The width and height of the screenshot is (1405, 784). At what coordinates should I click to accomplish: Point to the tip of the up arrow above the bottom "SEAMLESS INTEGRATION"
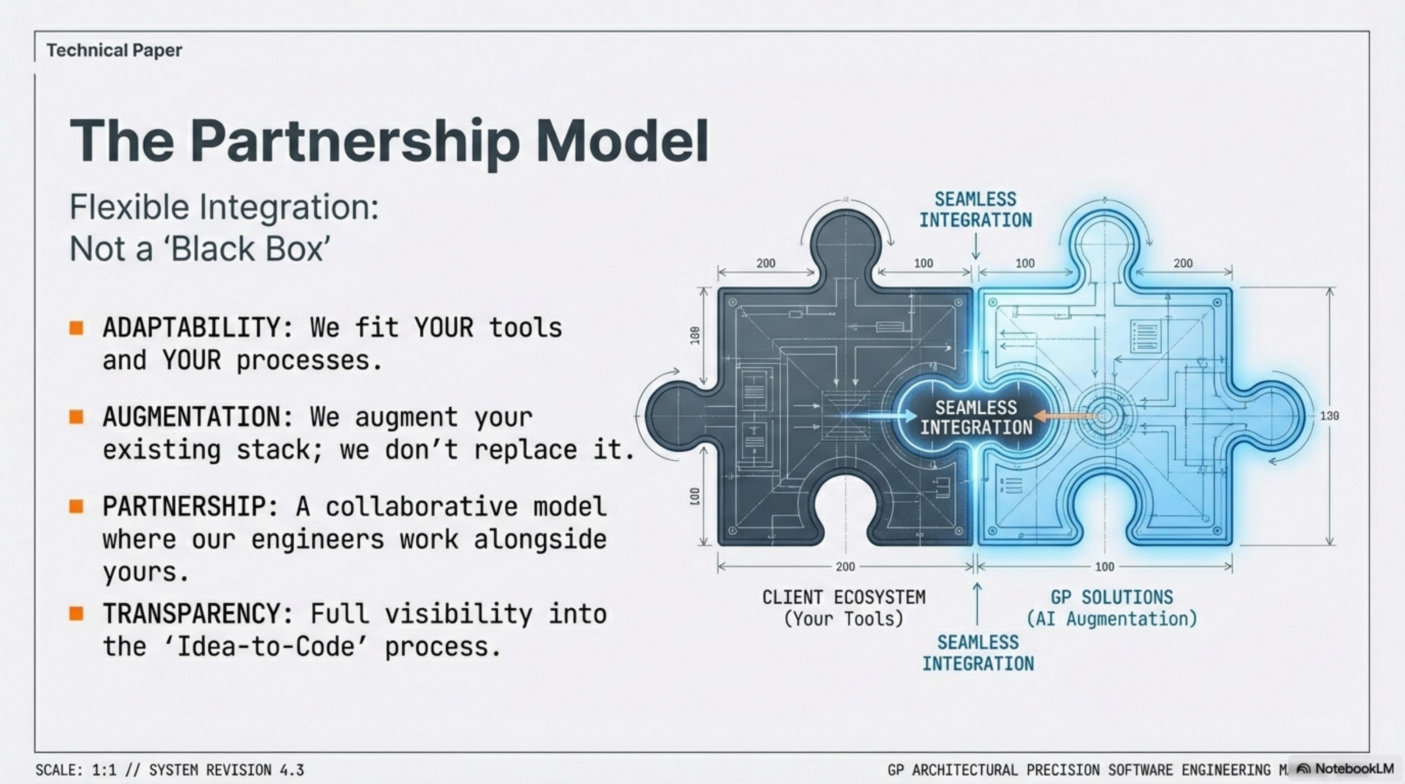click(x=977, y=583)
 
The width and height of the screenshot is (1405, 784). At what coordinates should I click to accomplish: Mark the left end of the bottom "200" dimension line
click(x=718, y=567)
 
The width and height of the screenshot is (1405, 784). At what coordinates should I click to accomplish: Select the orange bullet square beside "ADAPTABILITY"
click(x=76, y=328)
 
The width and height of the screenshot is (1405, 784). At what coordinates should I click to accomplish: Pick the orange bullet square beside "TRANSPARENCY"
click(x=76, y=614)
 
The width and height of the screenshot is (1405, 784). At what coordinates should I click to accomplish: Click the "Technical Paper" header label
click(x=114, y=50)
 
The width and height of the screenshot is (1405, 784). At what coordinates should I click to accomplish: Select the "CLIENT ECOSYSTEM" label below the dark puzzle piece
click(x=844, y=597)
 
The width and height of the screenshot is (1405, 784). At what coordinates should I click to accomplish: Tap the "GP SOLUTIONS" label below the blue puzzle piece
click(x=1112, y=597)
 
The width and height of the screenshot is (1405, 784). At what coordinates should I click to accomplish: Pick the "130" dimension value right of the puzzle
click(x=1330, y=416)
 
